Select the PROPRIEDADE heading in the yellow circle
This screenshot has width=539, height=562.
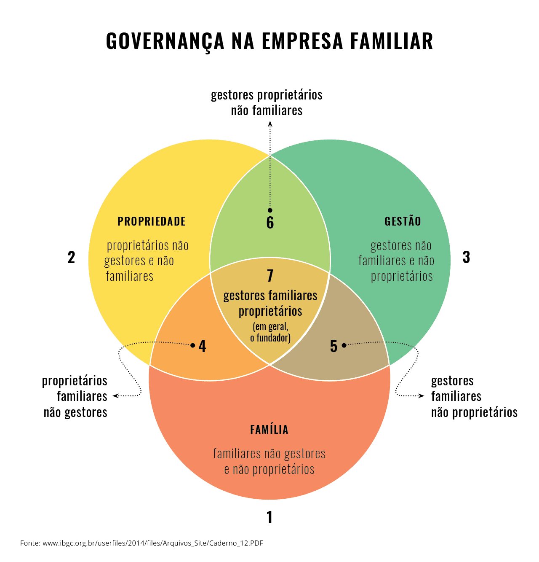[152, 221]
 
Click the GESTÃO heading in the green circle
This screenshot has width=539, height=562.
[402, 221]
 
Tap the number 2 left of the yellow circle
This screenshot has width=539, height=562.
[71, 257]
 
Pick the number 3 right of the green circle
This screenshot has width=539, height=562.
[466, 257]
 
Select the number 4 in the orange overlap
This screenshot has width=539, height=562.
[202, 346]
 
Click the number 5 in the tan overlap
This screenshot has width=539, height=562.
[334, 346]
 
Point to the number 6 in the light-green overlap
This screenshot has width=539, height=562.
[270, 222]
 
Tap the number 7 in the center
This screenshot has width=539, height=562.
[270, 275]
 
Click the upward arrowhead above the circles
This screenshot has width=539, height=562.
[270, 124]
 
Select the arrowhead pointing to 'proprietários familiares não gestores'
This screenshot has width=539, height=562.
[116, 395]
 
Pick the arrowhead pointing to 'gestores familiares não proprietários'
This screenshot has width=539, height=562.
[421, 395]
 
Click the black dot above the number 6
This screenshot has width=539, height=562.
[270, 210]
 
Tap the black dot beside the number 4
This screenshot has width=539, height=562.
[192, 345]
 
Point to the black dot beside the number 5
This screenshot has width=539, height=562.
[344, 345]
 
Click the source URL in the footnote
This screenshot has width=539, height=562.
[152, 543]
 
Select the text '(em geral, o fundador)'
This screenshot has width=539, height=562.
[270, 332]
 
